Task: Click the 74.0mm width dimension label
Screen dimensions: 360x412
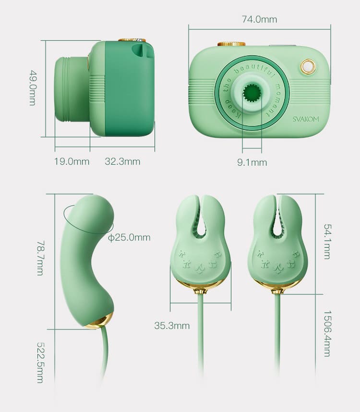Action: [259, 19]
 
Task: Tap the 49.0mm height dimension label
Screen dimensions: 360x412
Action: [33, 88]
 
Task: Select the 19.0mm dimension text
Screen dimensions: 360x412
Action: [72, 161]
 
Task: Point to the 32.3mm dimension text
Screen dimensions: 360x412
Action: [122, 161]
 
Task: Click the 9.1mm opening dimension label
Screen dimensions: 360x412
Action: [252, 162]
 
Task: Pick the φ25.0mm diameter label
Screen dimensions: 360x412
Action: [129, 238]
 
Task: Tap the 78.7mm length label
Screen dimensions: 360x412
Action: [40, 258]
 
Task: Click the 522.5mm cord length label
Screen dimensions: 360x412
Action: [40, 363]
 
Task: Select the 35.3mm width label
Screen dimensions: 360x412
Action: [172, 326]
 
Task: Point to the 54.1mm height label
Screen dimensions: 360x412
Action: [327, 242]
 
